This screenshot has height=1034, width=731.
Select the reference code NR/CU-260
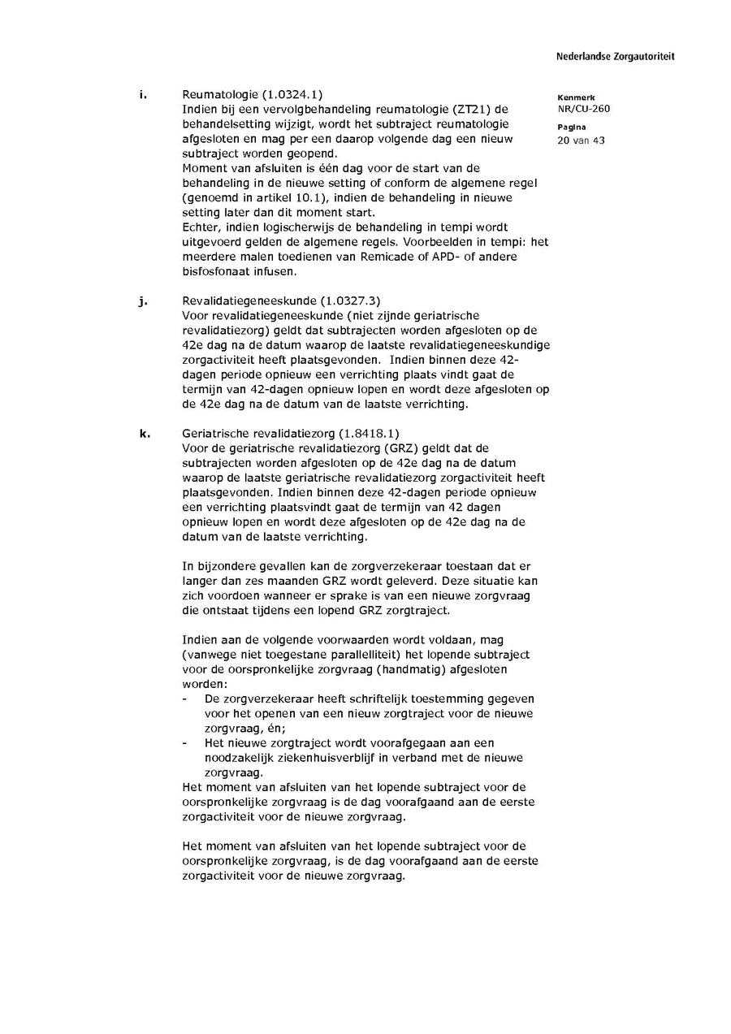(583, 109)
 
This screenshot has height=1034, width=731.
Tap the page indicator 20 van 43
(581, 140)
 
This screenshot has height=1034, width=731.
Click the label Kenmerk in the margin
(576, 97)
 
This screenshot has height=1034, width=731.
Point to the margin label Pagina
(572, 128)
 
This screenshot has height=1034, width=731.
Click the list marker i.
(142, 95)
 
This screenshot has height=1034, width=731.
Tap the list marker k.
(143, 433)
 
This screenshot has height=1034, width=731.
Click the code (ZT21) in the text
(469, 110)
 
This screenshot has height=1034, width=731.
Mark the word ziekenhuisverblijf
(314, 757)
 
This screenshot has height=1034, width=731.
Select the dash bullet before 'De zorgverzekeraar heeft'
(186, 699)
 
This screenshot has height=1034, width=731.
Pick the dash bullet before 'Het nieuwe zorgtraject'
(186, 742)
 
